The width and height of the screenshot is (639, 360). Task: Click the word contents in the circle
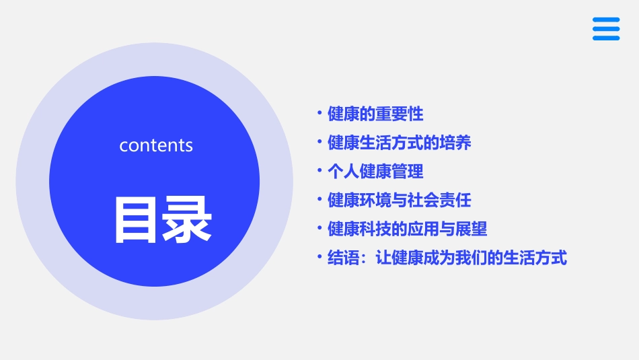[156, 145]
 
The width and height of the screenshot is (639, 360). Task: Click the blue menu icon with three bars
[605, 29]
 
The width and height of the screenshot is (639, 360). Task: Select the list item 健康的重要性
[375, 114]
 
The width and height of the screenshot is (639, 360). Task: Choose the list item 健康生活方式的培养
[399, 143]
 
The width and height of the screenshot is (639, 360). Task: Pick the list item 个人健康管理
[375, 172]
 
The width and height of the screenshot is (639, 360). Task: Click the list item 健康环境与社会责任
[399, 201]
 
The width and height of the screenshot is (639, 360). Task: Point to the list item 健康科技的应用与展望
[407, 229]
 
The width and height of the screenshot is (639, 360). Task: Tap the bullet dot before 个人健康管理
[320, 170]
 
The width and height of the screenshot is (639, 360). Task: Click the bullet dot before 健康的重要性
[320, 113]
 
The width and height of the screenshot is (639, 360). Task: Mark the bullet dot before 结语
[320, 256]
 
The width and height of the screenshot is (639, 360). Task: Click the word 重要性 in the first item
[400, 114]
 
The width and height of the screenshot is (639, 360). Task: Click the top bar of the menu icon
[605, 20]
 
